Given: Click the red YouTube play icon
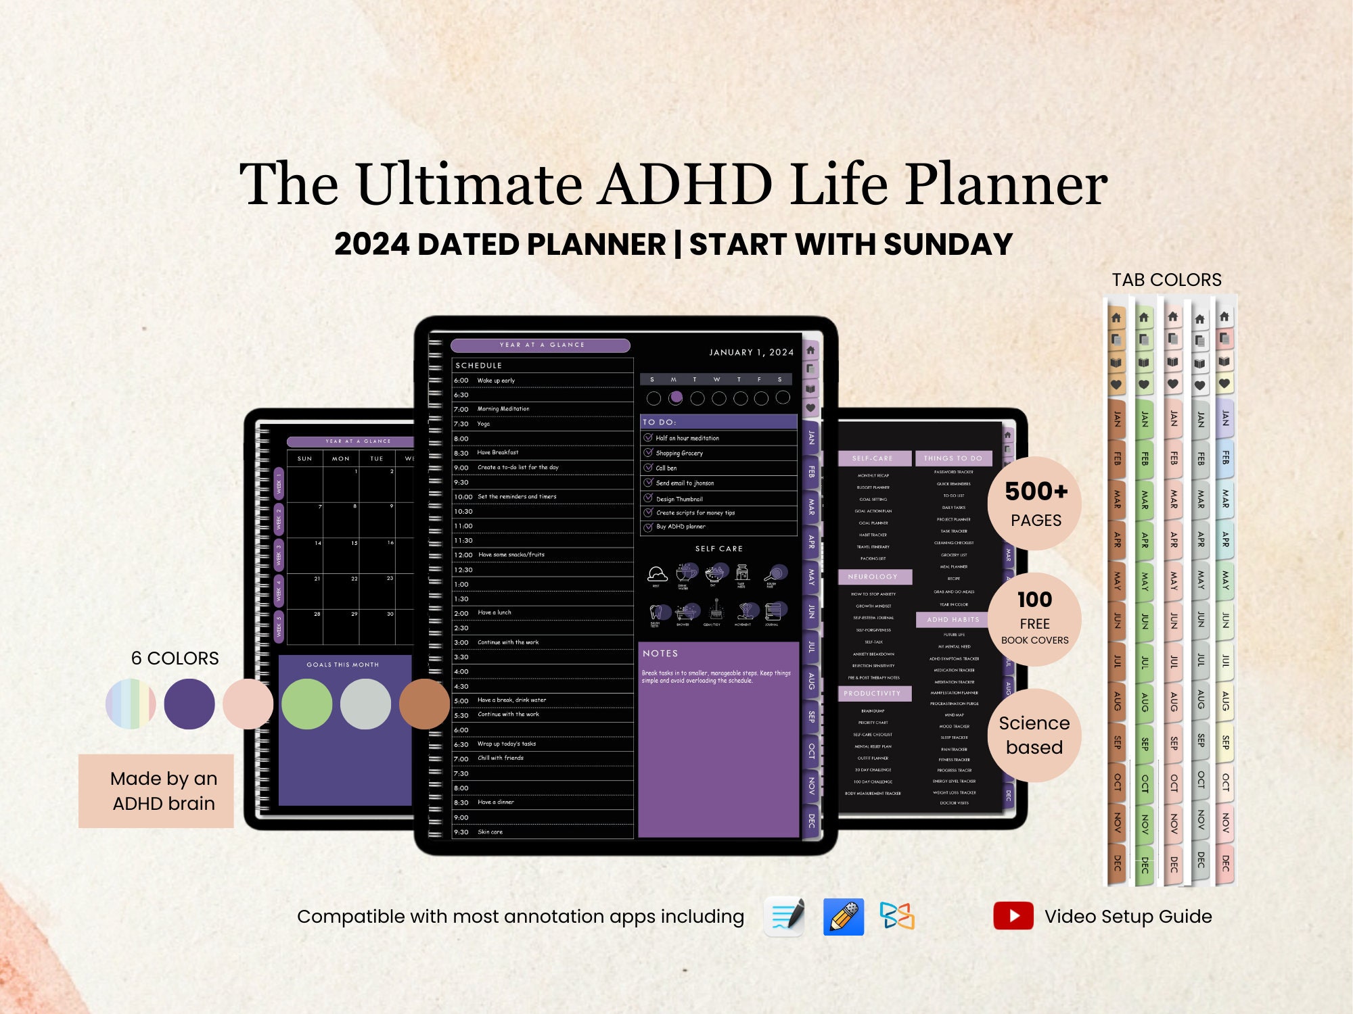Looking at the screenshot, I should (x=1013, y=916).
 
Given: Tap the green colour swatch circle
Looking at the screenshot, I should (x=306, y=704).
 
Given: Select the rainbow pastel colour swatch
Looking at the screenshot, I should (x=131, y=704).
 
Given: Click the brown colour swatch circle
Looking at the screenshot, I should (x=424, y=704).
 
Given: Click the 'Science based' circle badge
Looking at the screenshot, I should (x=1034, y=735).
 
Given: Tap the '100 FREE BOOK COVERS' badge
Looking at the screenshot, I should (x=1034, y=619).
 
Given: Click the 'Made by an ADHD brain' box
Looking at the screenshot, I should (x=156, y=791).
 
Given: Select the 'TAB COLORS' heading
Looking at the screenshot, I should (x=1166, y=280).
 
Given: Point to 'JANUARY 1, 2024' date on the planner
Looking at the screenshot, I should (x=751, y=352).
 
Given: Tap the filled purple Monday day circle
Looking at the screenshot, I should (x=675, y=397).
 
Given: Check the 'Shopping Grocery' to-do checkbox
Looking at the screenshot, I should (x=648, y=453).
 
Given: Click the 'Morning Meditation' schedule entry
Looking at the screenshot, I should (x=503, y=409).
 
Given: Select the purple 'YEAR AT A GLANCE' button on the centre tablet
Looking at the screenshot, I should (x=541, y=345).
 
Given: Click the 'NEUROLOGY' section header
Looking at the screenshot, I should (x=873, y=577).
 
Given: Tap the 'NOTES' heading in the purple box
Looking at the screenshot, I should (x=660, y=654).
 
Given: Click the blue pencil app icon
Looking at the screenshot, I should (x=843, y=917).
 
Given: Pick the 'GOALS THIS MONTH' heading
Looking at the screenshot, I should (x=343, y=665).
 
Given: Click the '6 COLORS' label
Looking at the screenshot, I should (x=175, y=658).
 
